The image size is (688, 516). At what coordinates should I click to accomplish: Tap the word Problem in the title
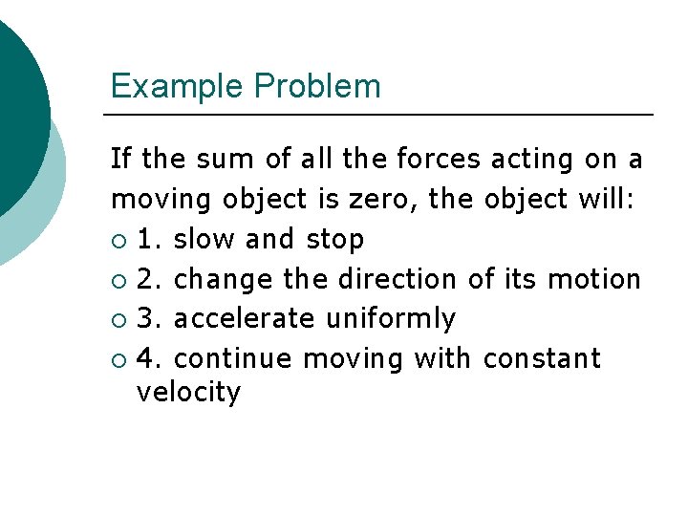[317, 87]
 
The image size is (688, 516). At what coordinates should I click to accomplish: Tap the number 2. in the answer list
[151, 279]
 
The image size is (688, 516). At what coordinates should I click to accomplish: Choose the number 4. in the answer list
[151, 358]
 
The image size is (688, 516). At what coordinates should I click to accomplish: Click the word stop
[335, 239]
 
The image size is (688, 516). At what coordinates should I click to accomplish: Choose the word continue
[234, 358]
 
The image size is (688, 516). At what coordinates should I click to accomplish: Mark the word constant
[542, 358]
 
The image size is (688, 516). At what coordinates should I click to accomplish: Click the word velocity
[188, 392]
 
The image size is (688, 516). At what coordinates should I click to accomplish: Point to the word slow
[205, 239]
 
